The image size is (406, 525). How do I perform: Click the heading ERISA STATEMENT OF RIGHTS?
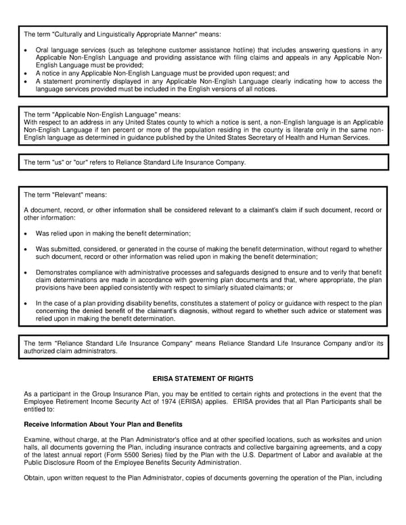tap(204, 379)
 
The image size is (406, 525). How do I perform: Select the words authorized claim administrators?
tap(70, 352)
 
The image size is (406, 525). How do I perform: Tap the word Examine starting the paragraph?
tap(38, 442)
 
